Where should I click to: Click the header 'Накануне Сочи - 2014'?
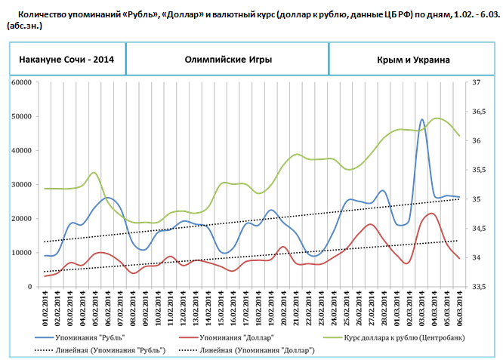pyautogui.click(x=66, y=59)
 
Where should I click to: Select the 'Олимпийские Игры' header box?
pyautogui.click(x=227, y=59)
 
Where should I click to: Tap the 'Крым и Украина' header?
pyautogui.click(x=413, y=59)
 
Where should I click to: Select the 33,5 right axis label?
pyautogui.click(x=479, y=287)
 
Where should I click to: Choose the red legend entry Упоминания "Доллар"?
pyautogui.click(x=241, y=336)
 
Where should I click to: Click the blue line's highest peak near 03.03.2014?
pyautogui.click(x=422, y=119)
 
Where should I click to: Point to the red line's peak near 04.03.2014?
pyautogui.click(x=430, y=214)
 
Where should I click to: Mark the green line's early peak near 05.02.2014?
pyautogui.click(x=94, y=173)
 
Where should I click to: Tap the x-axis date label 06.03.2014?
pyautogui.click(x=458, y=310)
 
